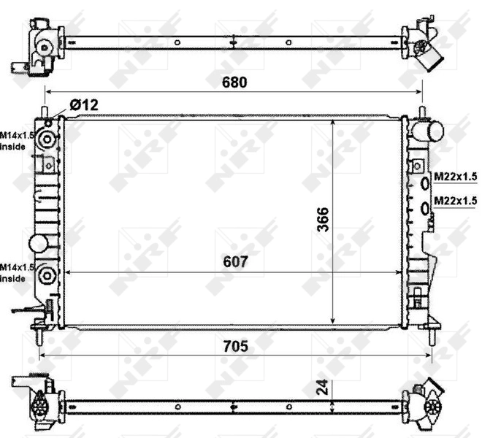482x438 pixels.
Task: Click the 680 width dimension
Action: click(235, 82)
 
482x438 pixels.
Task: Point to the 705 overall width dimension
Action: click(235, 346)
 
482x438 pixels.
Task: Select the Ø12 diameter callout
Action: click(83, 106)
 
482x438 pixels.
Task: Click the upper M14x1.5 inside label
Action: click(15, 141)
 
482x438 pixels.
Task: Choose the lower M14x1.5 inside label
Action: click(15, 273)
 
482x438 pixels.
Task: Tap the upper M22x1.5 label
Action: click(455, 177)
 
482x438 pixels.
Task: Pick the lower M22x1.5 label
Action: click(455, 200)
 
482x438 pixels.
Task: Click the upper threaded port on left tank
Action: click(48, 139)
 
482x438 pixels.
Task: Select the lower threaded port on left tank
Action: click(48, 275)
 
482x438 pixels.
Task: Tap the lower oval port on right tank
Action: click(425, 210)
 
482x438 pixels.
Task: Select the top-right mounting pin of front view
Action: click(422, 112)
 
